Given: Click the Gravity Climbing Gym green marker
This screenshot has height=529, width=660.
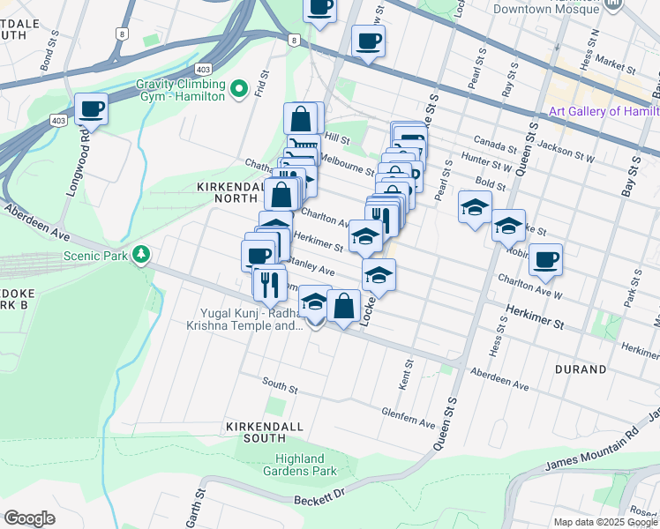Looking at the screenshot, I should click(x=237, y=89).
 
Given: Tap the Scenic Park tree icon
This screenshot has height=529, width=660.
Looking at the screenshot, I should click(x=140, y=255).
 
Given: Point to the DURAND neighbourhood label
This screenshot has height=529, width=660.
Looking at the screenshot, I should click(x=580, y=369).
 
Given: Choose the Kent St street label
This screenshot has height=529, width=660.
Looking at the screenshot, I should click(x=409, y=375).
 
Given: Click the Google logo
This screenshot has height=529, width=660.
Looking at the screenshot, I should click(x=30, y=518).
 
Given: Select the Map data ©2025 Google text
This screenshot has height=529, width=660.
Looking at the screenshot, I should click(x=605, y=522).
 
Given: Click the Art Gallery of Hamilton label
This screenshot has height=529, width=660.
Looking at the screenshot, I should click(x=604, y=111).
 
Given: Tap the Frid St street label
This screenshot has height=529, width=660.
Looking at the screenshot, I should click(x=262, y=83).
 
